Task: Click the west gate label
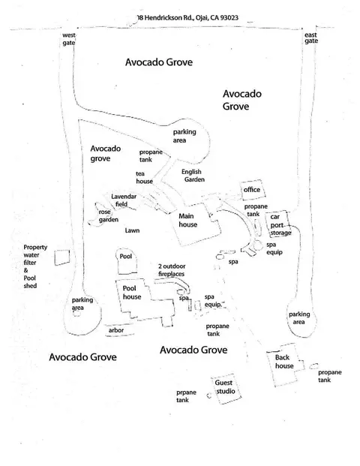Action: [x=68, y=39]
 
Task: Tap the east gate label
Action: [x=311, y=38]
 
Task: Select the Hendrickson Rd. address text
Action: [x=188, y=18]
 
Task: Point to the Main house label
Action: [x=187, y=220]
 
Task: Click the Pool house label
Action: [x=131, y=293]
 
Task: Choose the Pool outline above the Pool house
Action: [x=118, y=262]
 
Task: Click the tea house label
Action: [x=144, y=177]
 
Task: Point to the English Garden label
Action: [x=193, y=176]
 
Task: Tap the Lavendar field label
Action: [x=124, y=200]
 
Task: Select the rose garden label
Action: [x=109, y=216]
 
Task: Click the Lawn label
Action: [x=132, y=230]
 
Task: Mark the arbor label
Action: [x=116, y=330]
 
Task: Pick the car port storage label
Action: [x=280, y=224]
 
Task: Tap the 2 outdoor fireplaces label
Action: [x=172, y=270]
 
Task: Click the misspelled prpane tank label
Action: [x=186, y=396]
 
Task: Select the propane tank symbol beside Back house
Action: [x=314, y=366]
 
